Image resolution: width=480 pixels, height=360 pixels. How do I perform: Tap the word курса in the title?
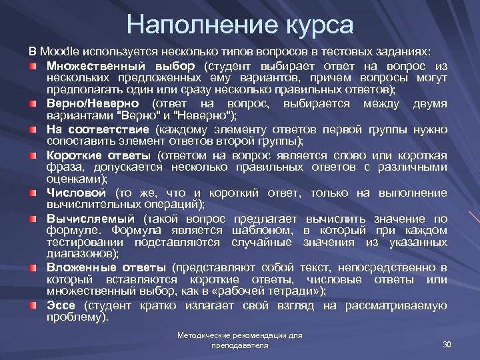(317, 25)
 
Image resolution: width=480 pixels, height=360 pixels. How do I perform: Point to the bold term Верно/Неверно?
(93, 104)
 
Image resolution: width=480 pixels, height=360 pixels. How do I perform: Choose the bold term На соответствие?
(100, 129)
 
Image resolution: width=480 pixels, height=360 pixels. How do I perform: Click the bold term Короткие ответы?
(100, 155)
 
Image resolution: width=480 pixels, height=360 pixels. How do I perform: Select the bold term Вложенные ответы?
(107, 267)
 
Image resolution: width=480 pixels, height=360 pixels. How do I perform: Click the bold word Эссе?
(61, 305)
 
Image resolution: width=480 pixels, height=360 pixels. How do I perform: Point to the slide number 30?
(447, 344)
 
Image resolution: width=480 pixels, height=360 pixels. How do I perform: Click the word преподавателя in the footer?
(240, 346)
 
